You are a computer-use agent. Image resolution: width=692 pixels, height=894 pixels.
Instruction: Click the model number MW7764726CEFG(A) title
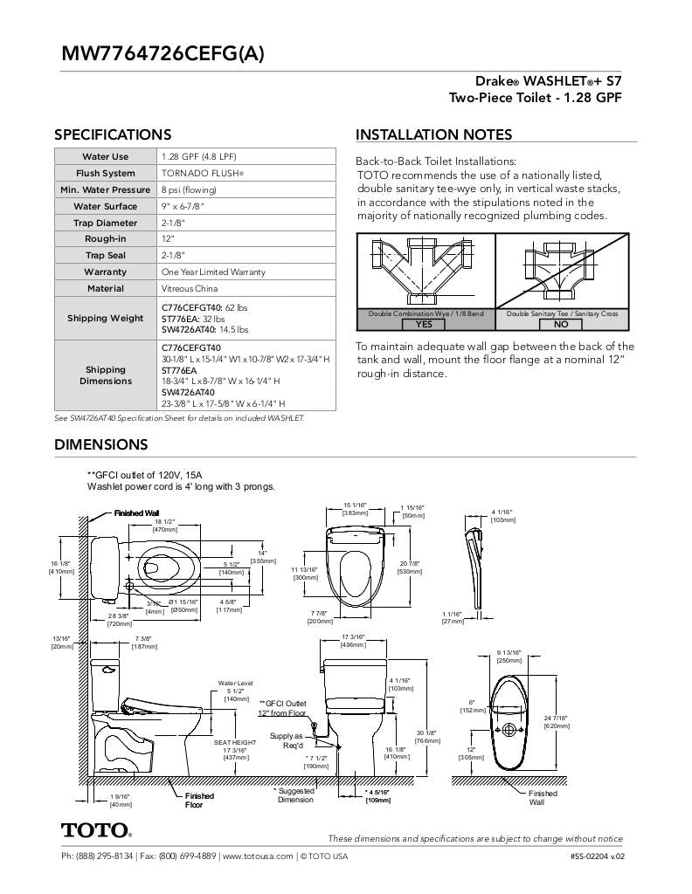click(162, 52)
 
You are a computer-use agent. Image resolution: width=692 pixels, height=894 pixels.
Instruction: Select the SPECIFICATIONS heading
click(113, 134)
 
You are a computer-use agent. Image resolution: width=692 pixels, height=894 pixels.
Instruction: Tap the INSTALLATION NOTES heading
click(433, 134)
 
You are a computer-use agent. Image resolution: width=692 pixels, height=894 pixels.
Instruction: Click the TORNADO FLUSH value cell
click(202, 173)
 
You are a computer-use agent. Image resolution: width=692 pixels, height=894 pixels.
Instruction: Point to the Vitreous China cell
click(190, 288)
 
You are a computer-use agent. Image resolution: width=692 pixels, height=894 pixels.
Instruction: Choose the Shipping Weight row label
click(105, 318)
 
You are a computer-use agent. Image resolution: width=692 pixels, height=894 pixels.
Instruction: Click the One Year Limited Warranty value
click(213, 272)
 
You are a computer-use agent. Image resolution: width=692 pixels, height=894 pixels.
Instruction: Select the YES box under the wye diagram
click(424, 324)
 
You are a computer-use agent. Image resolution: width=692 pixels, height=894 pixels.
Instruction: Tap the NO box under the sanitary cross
click(561, 324)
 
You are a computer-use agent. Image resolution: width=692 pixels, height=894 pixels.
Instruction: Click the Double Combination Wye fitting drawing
click(425, 271)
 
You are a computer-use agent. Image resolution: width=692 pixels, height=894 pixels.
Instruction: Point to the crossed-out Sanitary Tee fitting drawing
click(561, 271)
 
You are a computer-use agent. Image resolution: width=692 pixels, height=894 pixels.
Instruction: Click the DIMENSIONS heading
click(101, 444)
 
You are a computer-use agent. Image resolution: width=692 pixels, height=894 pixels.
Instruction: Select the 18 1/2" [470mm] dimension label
click(165, 525)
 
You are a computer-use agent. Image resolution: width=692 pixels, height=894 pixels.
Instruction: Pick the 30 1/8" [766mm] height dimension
click(426, 736)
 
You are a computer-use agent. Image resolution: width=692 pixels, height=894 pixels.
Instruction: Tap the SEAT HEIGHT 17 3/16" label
click(235, 749)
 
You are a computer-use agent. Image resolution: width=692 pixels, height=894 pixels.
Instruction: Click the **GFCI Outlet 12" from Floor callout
click(282, 707)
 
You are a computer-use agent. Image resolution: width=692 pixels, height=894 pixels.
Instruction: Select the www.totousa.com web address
click(258, 856)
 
